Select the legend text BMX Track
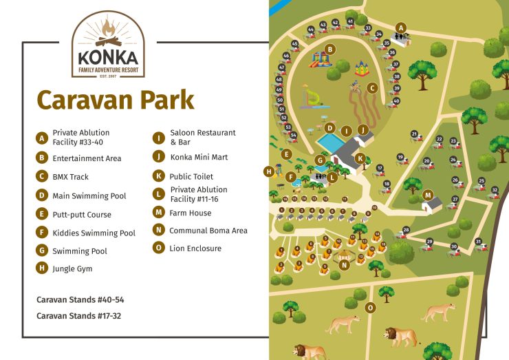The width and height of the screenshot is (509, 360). coord(70,177)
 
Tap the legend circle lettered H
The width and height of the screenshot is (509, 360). coord(43,268)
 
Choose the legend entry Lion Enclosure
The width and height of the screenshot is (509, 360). coord(195,248)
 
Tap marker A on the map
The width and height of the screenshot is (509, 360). coord(400,28)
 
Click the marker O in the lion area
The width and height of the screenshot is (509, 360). coord(371,308)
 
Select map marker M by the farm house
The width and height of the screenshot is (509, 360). coord(428,195)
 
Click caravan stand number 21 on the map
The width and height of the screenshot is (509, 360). coord(414,134)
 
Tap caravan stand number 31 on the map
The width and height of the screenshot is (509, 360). coord(477,240)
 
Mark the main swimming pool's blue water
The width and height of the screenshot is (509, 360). coord(329,143)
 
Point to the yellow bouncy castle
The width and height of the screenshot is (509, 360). coord(362,68)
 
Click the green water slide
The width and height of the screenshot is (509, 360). coord(312,97)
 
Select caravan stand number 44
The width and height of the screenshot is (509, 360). coord(311,30)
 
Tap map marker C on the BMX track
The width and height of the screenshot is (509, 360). coord(372,87)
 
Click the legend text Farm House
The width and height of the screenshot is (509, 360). coord(191,213)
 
